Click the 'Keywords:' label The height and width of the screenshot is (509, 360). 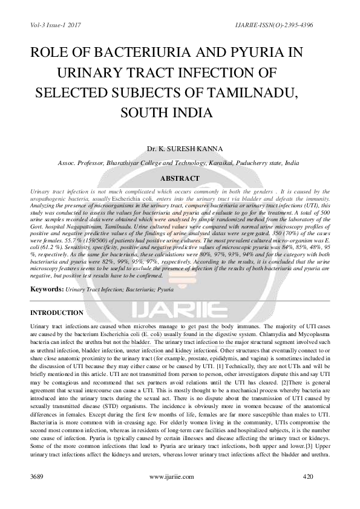(47, 290)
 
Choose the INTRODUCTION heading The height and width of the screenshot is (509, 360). (57, 313)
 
